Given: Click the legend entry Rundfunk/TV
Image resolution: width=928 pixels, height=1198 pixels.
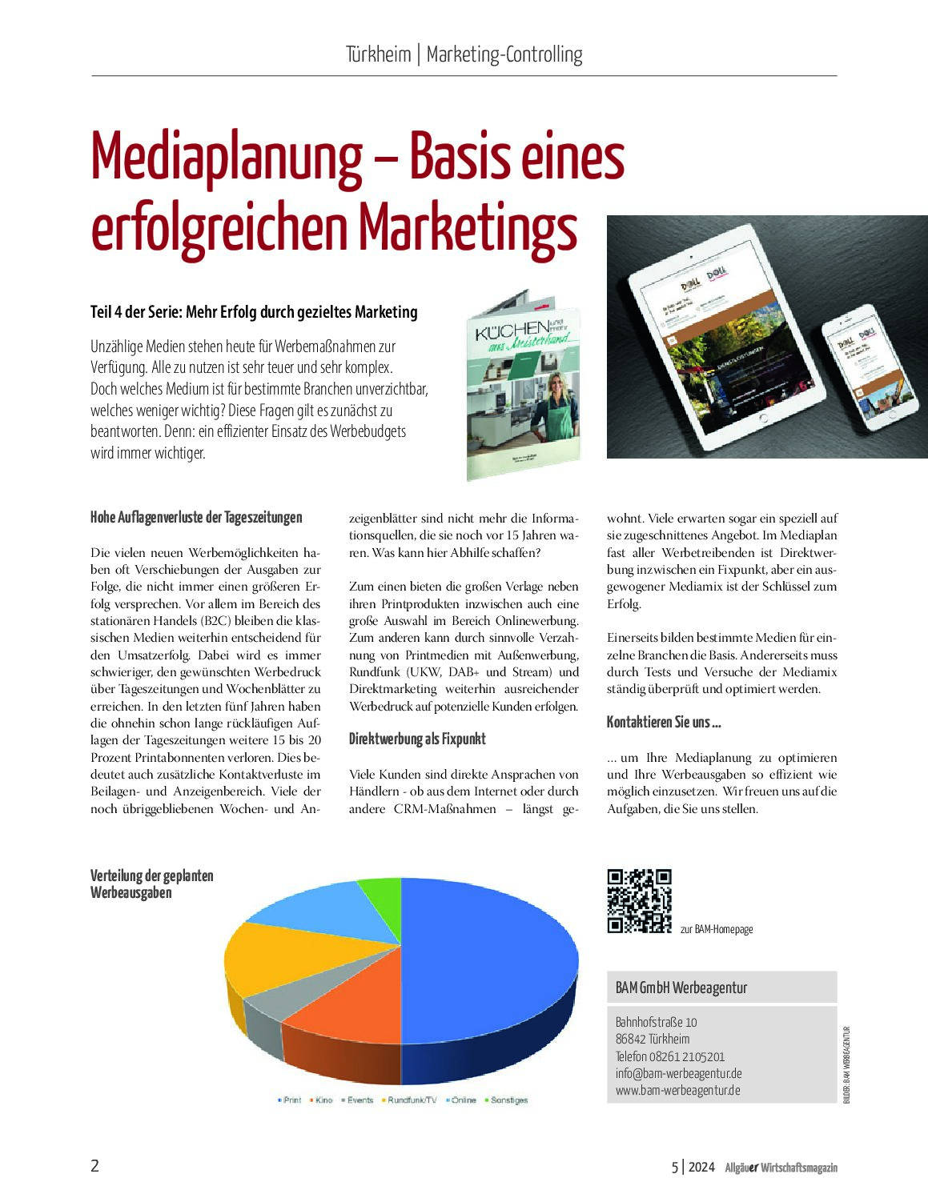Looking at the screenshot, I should tap(412, 1100).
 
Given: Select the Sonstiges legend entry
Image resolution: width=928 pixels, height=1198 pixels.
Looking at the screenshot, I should tap(508, 1100).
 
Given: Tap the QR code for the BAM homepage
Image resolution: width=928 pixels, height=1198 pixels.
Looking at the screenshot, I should tap(639, 901).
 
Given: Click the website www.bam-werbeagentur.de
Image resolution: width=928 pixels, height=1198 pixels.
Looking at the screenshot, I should tap(677, 1090).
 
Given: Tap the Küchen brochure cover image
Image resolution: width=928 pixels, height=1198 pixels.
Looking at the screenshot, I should tap(524, 388).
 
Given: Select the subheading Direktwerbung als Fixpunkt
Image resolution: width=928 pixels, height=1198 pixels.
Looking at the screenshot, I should tap(417, 739).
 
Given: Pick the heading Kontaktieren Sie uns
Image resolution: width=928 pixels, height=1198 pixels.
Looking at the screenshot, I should tap(664, 722).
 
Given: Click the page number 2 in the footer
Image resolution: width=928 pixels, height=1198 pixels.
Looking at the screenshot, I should tap(94, 1165).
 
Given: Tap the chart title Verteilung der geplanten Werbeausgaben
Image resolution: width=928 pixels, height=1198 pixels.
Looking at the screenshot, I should tap(152, 883).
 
